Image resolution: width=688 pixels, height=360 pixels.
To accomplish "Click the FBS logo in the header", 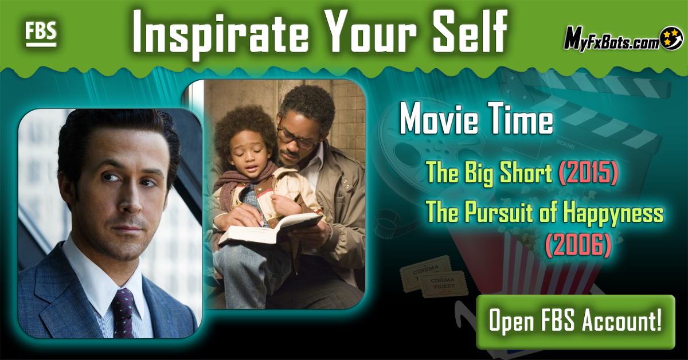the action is point(41,34).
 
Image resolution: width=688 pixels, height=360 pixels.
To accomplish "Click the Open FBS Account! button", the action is point(575,321).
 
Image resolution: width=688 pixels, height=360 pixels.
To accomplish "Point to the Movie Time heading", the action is point(476,118).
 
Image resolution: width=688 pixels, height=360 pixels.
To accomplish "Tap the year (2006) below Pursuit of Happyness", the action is point(578,245).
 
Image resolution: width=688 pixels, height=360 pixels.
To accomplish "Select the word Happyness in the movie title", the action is point(613,213).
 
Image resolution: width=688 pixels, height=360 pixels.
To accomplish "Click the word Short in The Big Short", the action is point(526,173).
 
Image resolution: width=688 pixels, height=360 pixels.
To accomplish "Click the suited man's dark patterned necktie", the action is point(123,314).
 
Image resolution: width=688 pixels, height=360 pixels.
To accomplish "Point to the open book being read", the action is point(270,228).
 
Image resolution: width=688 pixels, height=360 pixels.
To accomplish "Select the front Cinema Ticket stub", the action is point(444,284).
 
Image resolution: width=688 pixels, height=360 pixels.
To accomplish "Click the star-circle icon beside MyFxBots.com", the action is point(671,38).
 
